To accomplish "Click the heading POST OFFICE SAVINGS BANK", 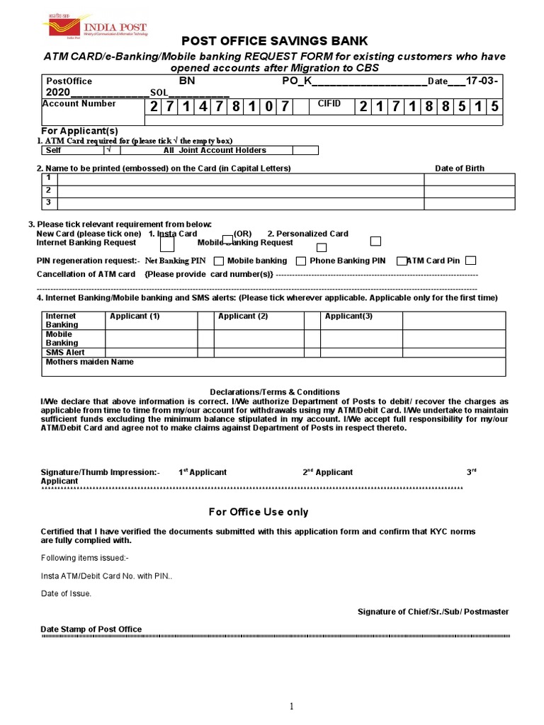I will [275, 41].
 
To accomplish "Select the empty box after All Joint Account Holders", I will [305, 150].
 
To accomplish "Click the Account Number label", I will [79, 103].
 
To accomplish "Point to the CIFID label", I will [329, 103].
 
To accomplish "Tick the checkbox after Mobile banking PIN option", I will [300, 261].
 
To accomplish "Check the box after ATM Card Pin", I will [471, 261].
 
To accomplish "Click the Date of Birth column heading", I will [460, 169].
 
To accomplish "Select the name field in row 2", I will [241, 191].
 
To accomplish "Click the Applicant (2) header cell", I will [243, 316].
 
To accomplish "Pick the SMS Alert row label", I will [65, 353].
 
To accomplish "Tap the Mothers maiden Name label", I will [89, 362].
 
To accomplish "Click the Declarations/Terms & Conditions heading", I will [275, 392].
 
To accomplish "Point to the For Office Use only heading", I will [259, 512].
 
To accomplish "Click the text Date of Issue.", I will [66, 593].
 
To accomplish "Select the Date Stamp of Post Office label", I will [91, 629].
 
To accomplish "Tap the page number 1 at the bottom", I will [290, 707].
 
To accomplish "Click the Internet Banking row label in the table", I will [62, 320].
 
